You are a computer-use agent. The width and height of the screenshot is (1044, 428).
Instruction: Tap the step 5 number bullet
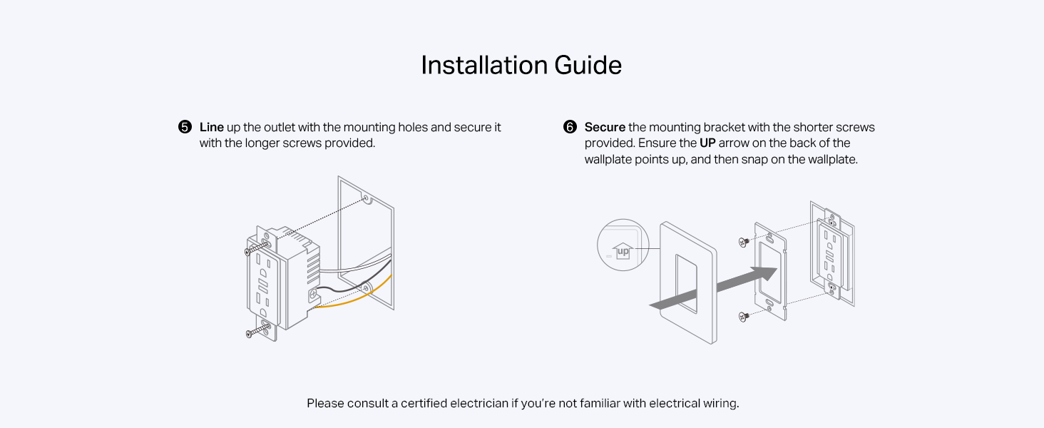point(185,128)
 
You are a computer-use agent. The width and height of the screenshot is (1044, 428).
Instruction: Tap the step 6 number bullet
point(570,128)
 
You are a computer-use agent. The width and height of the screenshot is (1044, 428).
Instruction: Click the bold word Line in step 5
point(211,128)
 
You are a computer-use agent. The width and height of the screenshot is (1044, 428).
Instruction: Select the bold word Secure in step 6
point(605,128)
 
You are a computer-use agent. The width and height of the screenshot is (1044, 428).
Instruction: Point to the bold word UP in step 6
point(707,143)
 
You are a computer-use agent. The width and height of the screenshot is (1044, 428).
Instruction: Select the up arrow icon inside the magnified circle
point(622,250)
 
